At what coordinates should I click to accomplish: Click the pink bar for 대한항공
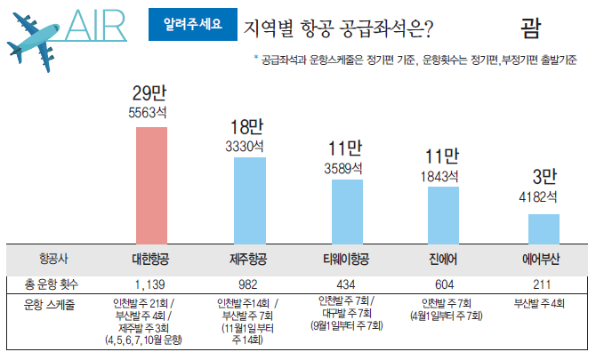(151, 183)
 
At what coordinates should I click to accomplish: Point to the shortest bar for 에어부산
(538, 228)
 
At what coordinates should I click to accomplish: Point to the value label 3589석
(345, 166)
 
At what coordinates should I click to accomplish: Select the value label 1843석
(440, 175)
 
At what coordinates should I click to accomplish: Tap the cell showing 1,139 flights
(151, 284)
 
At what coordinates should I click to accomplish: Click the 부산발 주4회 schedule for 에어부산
(540, 302)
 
